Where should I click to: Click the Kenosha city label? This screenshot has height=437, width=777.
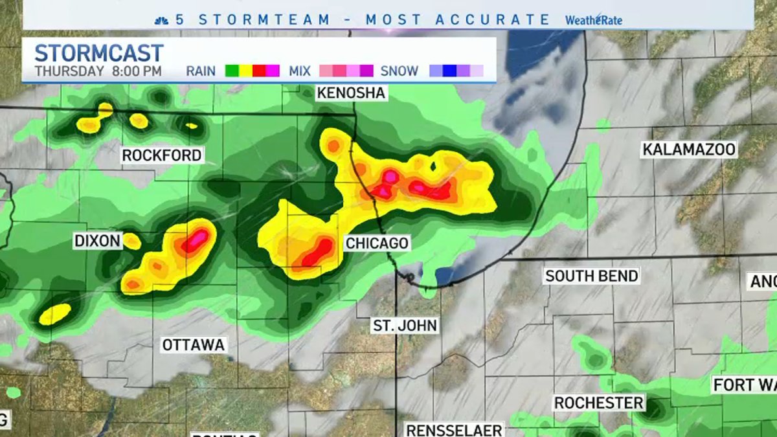(x=351, y=93)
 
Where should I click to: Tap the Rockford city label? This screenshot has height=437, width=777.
(x=162, y=155)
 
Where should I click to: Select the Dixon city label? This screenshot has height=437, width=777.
(x=97, y=241)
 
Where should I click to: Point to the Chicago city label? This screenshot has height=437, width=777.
(x=377, y=243)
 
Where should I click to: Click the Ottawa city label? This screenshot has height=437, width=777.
(x=193, y=345)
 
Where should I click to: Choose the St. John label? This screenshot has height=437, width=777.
(x=405, y=325)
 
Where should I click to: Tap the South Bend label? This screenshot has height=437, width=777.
(x=591, y=276)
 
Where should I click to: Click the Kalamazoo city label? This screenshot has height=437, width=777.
(x=689, y=150)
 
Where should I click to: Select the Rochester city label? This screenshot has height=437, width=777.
(x=598, y=403)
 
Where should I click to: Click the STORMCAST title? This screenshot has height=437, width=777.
(x=98, y=53)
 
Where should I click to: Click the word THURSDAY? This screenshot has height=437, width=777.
(x=69, y=71)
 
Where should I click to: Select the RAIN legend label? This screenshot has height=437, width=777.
(x=201, y=71)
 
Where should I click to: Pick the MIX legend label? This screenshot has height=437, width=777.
(x=300, y=71)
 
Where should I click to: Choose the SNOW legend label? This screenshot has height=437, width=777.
(x=399, y=71)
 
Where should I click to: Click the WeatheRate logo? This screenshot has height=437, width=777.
(x=593, y=20)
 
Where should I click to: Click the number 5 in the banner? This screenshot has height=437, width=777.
(x=180, y=19)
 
